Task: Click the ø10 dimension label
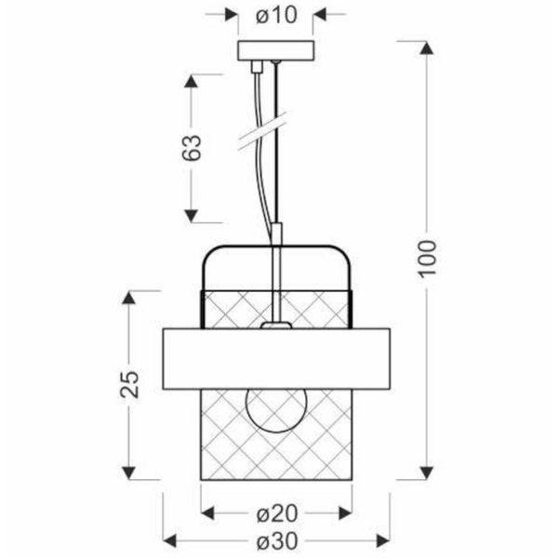point(276,15)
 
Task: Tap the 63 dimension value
point(192,148)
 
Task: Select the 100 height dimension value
point(427,259)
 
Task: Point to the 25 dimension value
point(129,384)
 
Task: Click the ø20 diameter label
point(276,514)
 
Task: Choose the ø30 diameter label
point(276,541)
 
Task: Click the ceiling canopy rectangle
point(276,50)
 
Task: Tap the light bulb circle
point(276,410)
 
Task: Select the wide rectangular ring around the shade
point(276,359)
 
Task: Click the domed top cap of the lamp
point(276,246)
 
